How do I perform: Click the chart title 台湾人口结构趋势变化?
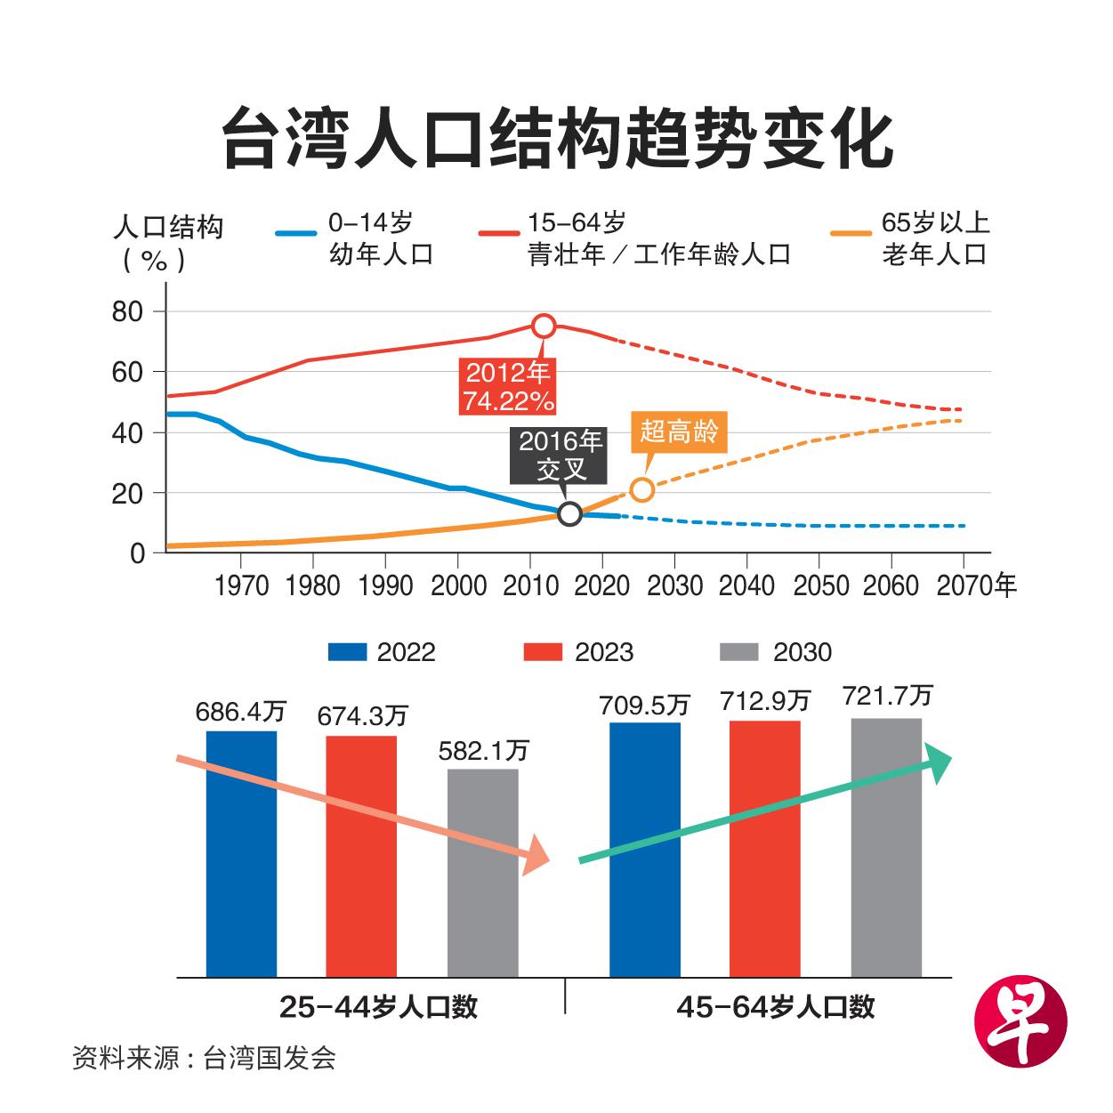[x=556, y=138]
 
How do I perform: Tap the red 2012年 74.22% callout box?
[x=508, y=386]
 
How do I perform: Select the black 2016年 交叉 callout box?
[x=561, y=455]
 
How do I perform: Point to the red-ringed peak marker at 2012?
[x=544, y=327]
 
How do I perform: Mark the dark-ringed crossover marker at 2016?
[x=569, y=513]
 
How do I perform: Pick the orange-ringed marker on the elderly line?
[x=641, y=489]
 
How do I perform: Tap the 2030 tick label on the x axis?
[x=674, y=585]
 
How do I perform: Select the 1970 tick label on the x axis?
[x=241, y=585]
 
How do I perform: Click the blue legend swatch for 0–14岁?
[x=295, y=234]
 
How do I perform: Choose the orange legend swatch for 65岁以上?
[x=851, y=234]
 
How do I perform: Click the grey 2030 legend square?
[x=738, y=652]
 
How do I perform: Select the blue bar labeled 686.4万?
[x=241, y=854]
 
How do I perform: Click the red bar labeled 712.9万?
[x=764, y=850]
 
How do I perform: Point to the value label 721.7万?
[x=887, y=696]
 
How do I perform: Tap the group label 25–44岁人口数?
[x=378, y=1006]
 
